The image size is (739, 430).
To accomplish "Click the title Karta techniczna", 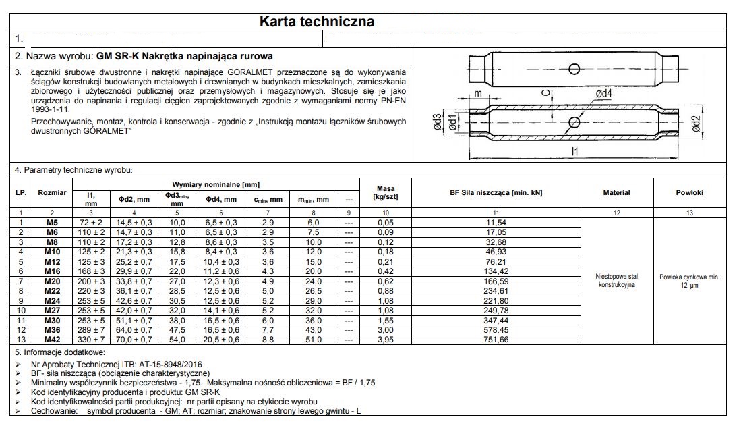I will click(317, 22).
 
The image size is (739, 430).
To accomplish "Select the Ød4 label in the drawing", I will click(603, 95).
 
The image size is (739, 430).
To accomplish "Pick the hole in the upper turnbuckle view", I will click(574, 69).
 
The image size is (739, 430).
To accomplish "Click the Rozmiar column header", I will click(53, 192).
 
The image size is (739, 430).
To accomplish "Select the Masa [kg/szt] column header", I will click(382, 192).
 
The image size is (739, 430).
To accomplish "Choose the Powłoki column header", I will click(689, 192).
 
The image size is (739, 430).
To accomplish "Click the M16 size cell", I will click(53, 271).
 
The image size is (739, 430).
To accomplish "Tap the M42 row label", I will click(53, 339).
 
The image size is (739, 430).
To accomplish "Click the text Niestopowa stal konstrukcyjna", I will click(616, 280).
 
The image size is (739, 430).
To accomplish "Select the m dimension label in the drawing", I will click(477, 94).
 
